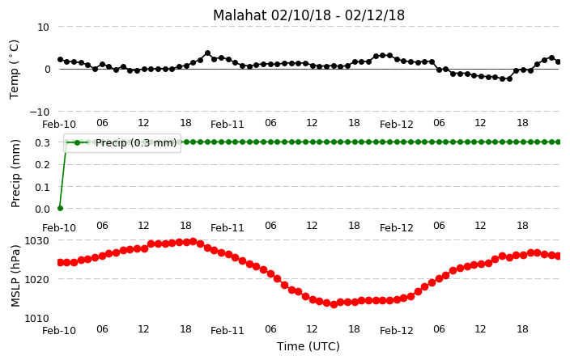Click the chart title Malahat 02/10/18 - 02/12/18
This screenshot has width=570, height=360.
tap(308, 15)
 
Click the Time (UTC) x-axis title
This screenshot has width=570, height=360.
tap(308, 346)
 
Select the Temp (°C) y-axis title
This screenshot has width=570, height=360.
tap(15, 70)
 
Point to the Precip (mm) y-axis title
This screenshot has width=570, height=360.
tap(15, 174)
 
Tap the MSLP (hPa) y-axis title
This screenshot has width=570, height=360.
tap(15, 276)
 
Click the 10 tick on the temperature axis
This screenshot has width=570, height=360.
tap(43, 28)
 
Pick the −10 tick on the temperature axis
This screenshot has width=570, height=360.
tap(40, 112)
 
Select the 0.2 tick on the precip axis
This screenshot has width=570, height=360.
tap(43, 164)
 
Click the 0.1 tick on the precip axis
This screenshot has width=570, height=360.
tap(43, 187)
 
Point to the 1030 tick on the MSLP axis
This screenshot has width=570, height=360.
tap(36, 241)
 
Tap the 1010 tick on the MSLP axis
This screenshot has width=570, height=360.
tap(36, 319)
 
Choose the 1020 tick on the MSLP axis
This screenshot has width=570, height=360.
tap(36, 280)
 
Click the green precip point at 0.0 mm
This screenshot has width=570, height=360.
tap(61, 208)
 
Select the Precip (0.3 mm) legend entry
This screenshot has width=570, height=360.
tap(122, 142)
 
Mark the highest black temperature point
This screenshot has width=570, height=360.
tap(207, 53)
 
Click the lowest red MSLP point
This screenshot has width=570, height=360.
tap(334, 305)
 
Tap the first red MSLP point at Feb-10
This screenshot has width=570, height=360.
tap(61, 262)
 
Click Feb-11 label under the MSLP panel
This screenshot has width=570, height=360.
tap(228, 331)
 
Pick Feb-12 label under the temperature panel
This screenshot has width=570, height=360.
tap(397, 125)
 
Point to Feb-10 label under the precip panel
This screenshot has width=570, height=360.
tap(59, 228)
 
